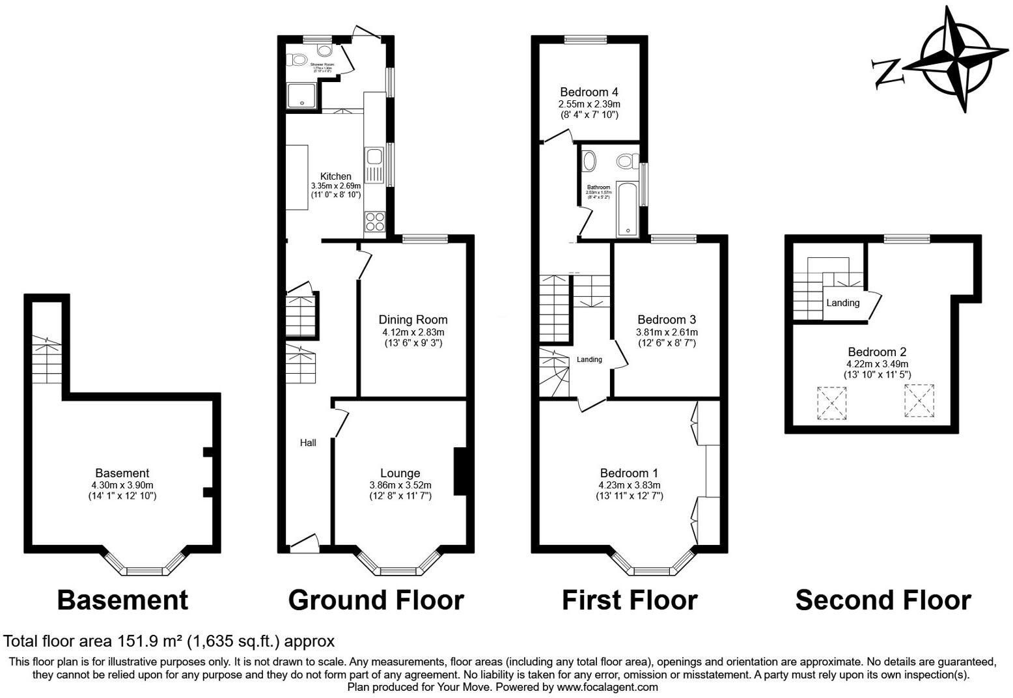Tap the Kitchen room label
tap(335, 176)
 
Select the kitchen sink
tap(374, 157)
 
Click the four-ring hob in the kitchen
tap(375, 222)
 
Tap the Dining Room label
tap(413, 320)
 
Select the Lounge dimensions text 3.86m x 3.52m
tap(400, 485)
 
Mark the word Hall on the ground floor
tap(308, 443)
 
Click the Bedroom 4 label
tap(589, 92)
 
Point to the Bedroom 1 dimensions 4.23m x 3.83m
tap(629, 485)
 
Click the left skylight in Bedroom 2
tap(833, 402)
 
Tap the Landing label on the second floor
tap(842, 303)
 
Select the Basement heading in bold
tap(122, 600)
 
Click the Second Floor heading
tap(883, 600)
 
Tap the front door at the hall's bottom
tap(303, 544)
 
